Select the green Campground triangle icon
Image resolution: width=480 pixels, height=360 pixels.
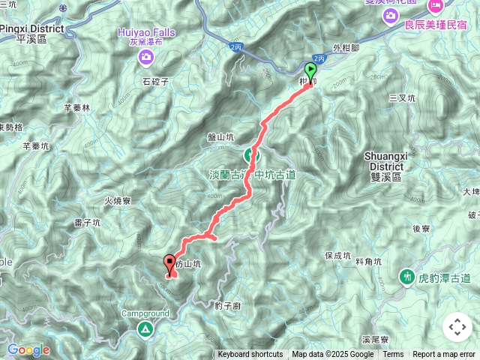coord(144,328)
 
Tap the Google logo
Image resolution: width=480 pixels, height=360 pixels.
coord(28,349)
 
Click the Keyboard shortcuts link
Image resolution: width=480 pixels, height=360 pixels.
coord(250,355)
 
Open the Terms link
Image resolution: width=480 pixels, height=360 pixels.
coord(393,355)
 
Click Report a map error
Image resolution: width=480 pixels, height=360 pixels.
coord(444,355)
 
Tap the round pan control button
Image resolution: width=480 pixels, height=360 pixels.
coord(457,327)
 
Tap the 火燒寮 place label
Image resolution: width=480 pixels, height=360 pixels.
coord(118,201)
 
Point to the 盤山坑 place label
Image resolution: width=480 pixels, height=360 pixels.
coord(221,138)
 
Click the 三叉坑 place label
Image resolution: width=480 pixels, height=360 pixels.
coord(402,98)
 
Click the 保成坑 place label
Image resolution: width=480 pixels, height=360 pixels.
coord(337,256)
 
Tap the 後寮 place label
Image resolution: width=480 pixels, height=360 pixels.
coord(421,229)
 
